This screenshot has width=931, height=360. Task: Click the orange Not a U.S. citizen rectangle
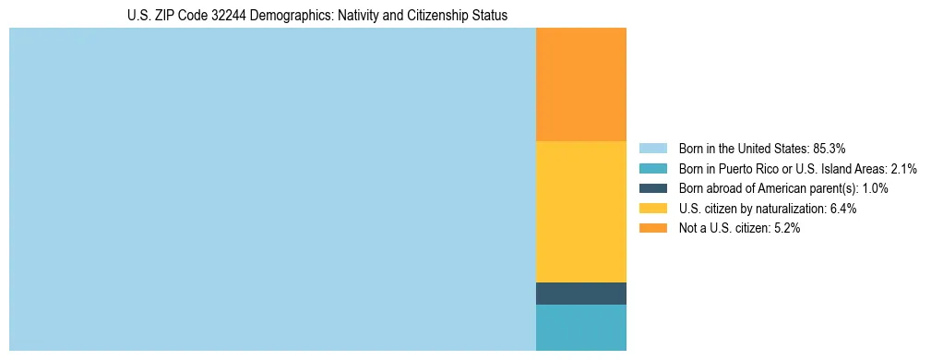pos(580,84)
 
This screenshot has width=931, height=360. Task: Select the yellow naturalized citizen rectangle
pos(580,211)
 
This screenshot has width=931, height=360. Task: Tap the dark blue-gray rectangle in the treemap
pos(580,294)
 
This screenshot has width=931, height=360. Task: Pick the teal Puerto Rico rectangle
pos(580,328)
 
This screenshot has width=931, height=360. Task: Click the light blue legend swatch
pos(652,148)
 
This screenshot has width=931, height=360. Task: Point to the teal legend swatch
pos(652,168)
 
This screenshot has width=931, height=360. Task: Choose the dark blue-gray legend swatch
pos(652,188)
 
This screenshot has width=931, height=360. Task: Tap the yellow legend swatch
pos(652,209)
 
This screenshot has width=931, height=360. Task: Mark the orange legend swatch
pos(652,229)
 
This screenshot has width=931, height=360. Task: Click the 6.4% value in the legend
pos(843,209)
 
